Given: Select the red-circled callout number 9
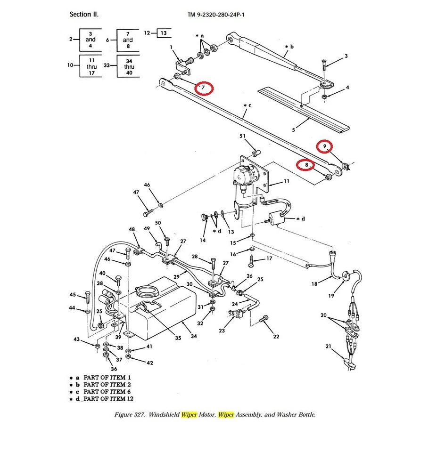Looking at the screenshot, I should pos(324,147).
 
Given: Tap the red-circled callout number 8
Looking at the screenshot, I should pos(306,165).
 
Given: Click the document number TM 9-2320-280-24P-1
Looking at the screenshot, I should pos(216,15).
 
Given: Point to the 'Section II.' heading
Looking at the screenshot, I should pos(84,15).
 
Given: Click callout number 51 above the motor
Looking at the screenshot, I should pos(243,136).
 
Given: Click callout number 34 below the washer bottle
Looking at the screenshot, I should pos(194,336).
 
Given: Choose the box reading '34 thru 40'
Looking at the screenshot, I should pos(129,67).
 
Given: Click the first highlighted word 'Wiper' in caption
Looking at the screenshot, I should pos(189,415).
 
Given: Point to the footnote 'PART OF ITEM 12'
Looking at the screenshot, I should pos(108,399).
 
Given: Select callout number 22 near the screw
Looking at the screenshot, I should pos(276,336).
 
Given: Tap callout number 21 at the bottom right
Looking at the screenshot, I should pos(328,347).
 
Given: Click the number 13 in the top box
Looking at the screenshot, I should pos(163,33).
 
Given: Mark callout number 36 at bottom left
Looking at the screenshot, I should pos(114,369).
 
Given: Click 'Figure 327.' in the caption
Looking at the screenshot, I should pos(130,415).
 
